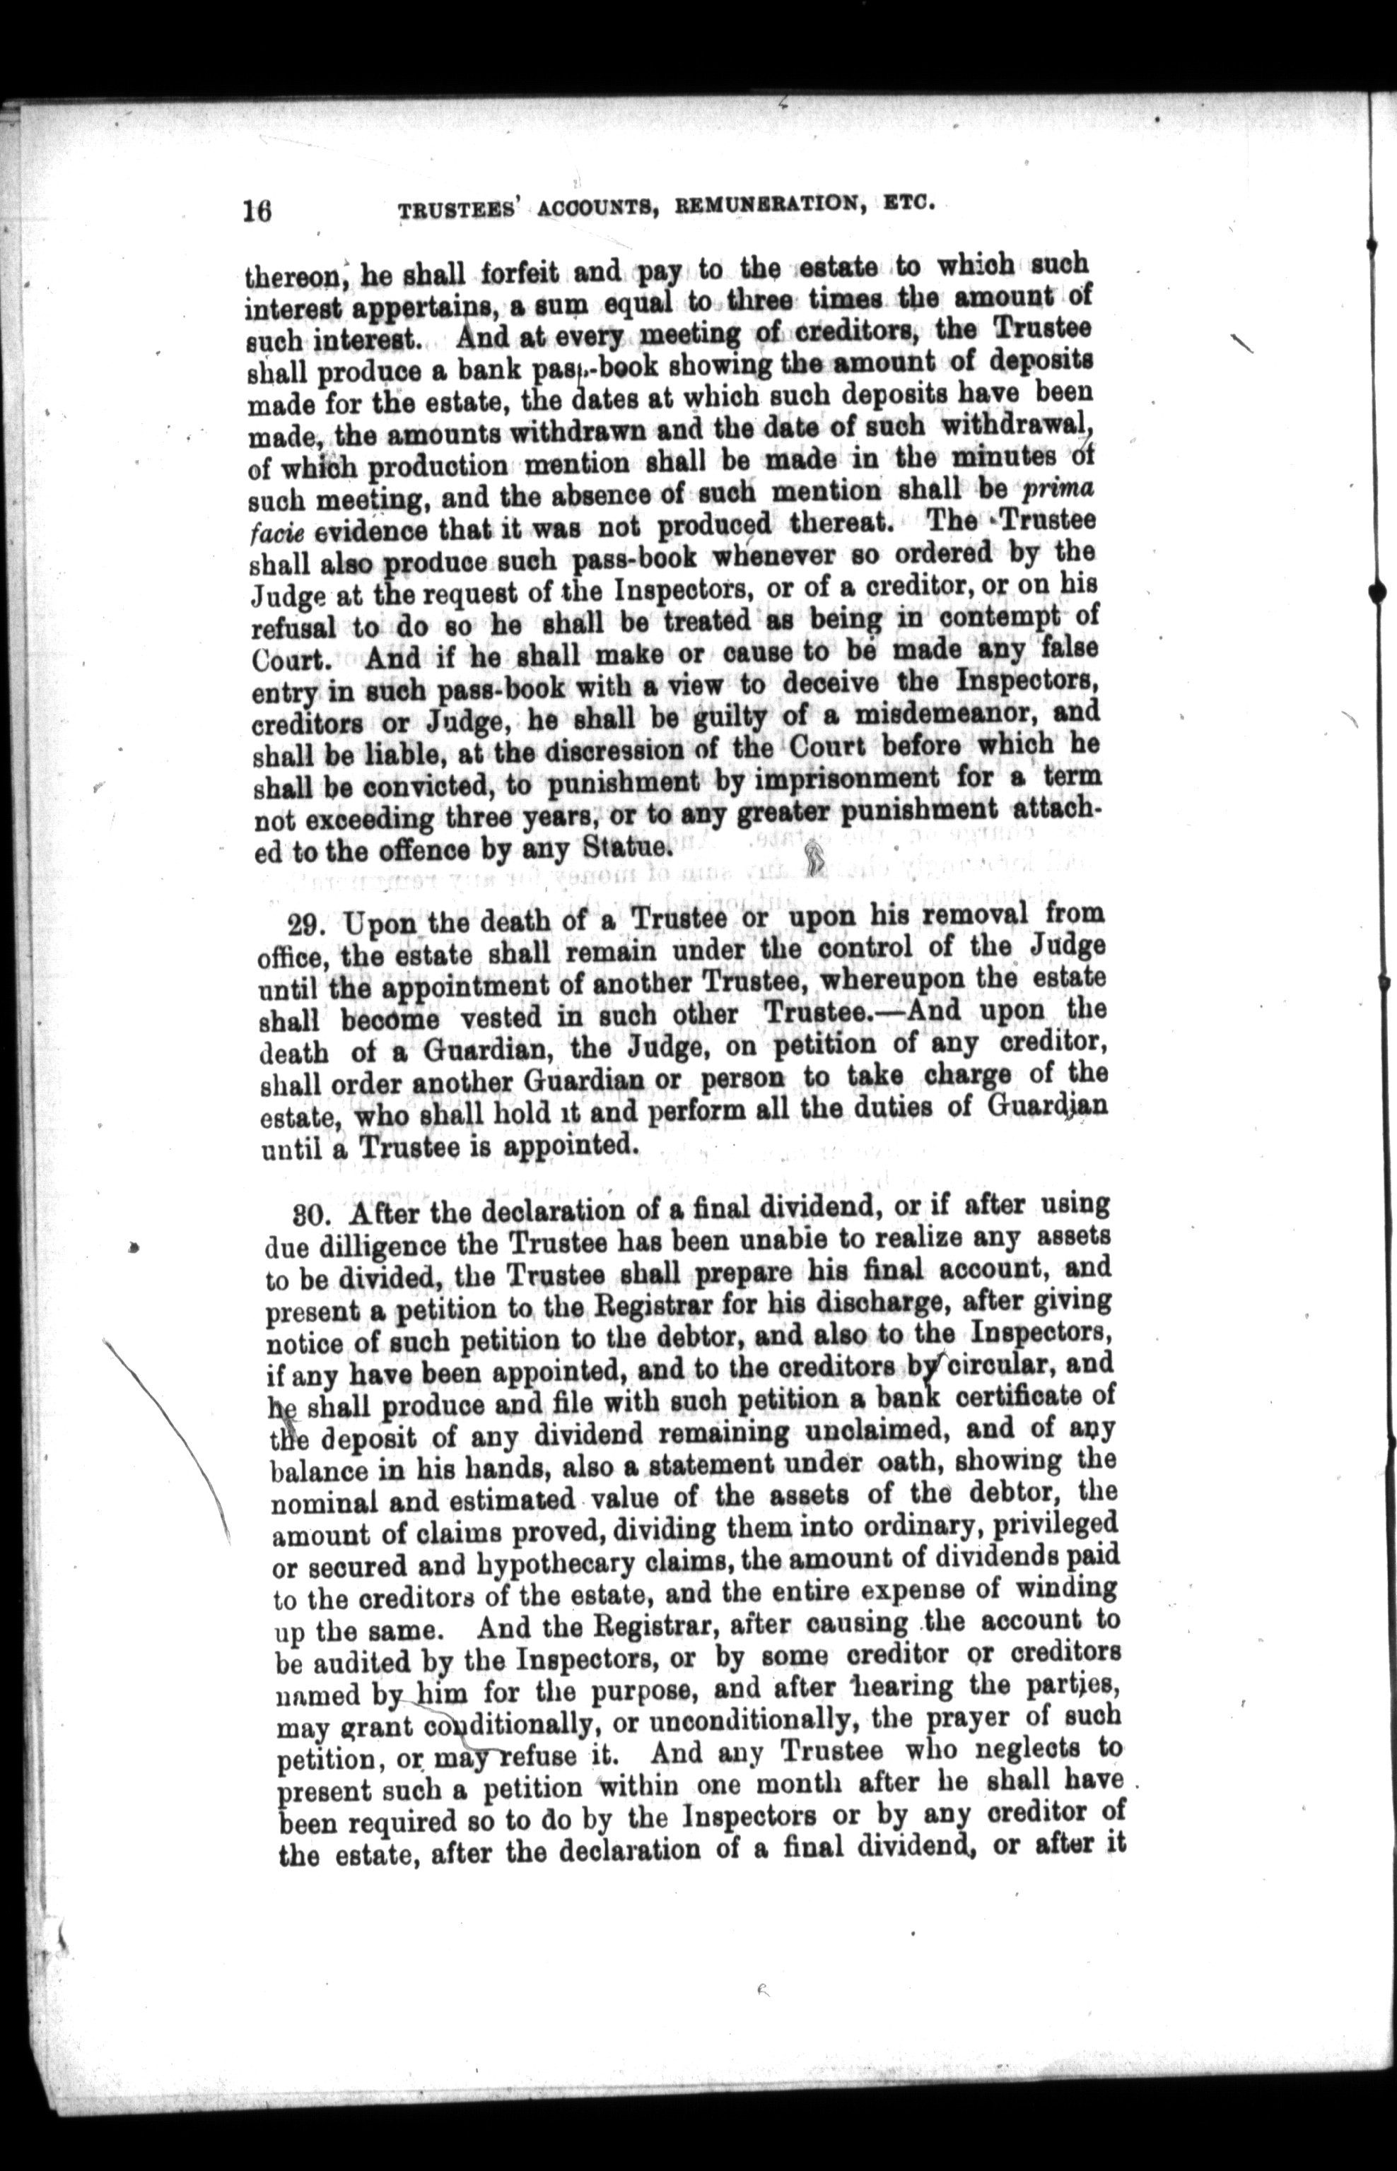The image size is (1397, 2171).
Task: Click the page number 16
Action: click(x=257, y=211)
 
